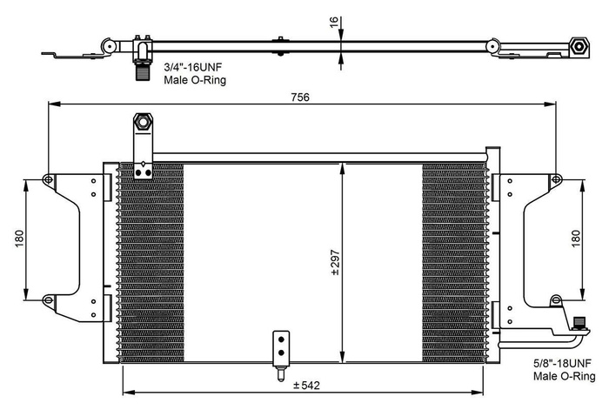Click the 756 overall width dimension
click(299, 97)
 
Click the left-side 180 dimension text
click(18, 239)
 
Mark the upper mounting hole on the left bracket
click(48, 180)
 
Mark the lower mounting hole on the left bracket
click(48, 300)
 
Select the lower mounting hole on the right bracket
click(555, 301)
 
